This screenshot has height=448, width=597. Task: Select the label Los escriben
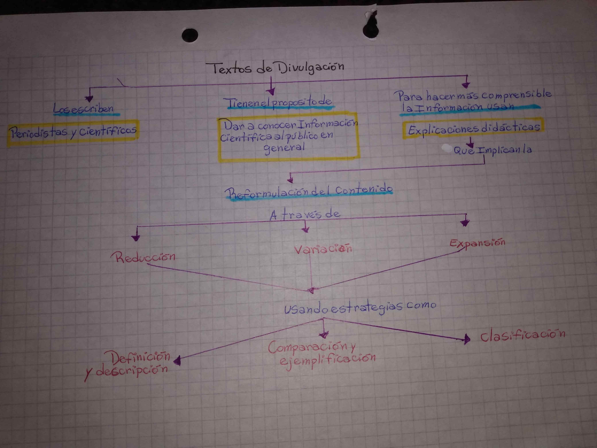tap(84, 109)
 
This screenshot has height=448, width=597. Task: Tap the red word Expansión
tap(477, 243)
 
